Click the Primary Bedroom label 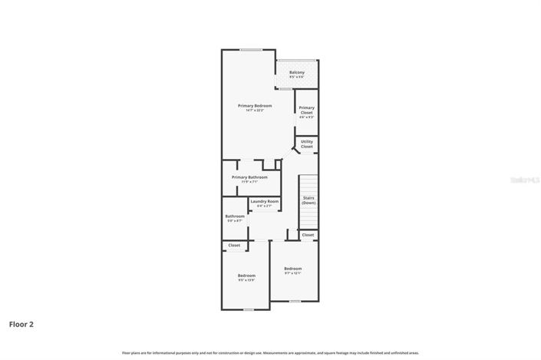[255, 105]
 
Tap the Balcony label [296, 72]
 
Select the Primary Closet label [306, 110]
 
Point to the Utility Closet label [306, 144]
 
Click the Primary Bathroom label [249, 177]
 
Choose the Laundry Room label [264, 201]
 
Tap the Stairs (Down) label [308, 200]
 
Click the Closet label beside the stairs [308, 235]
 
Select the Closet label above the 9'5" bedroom [234, 246]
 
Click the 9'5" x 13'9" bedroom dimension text [246, 280]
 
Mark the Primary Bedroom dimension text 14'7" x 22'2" [255, 111]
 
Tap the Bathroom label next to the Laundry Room [235, 216]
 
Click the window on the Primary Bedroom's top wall [250, 50]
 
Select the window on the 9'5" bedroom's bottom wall [248, 309]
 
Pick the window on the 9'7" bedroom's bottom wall [295, 301]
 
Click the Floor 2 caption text [21, 324]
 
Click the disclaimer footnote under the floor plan [270, 352]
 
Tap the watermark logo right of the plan [525, 180]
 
